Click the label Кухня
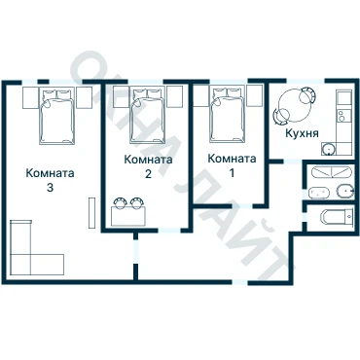point(302,133)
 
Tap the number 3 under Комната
point(50,188)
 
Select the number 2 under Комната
point(148,174)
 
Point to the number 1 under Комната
point(232,173)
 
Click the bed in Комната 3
point(57,116)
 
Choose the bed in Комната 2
point(147,115)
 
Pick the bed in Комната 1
point(227,114)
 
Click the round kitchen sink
point(328,149)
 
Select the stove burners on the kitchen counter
point(341,116)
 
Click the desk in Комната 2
point(128,216)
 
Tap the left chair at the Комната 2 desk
point(120,202)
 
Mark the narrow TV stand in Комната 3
point(91,213)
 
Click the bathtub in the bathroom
point(331,171)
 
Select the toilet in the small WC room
point(337,217)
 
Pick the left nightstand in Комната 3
point(31,97)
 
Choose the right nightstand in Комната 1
point(254,96)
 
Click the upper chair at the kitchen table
point(307,94)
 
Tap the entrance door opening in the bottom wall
point(240,282)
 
